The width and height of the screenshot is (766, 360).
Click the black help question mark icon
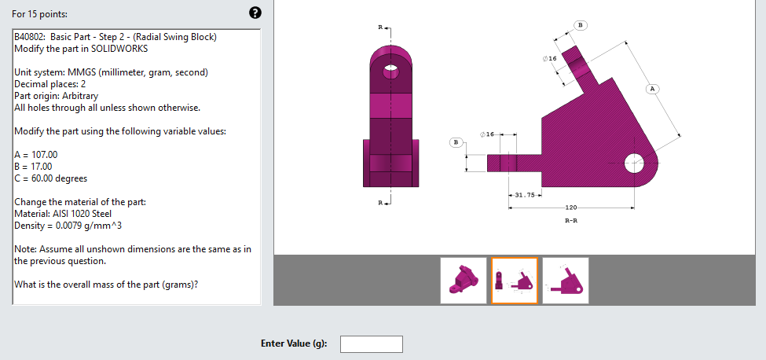[x=255, y=13]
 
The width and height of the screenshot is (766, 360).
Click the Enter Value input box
[x=371, y=344]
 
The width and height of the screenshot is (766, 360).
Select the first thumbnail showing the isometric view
[x=463, y=281]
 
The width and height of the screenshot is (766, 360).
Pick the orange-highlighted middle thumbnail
[x=515, y=281]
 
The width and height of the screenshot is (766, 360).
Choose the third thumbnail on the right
[x=566, y=281]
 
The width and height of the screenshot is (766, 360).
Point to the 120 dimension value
[x=571, y=208]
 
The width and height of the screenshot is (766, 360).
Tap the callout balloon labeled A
[x=652, y=89]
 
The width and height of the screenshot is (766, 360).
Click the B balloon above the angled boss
[x=581, y=26]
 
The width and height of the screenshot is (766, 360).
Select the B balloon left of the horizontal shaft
[x=455, y=142]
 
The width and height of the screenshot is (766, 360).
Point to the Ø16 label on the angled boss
[x=549, y=59]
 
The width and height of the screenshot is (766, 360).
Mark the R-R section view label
[x=572, y=222]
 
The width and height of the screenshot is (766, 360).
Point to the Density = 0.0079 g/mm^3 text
[x=68, y=226]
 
